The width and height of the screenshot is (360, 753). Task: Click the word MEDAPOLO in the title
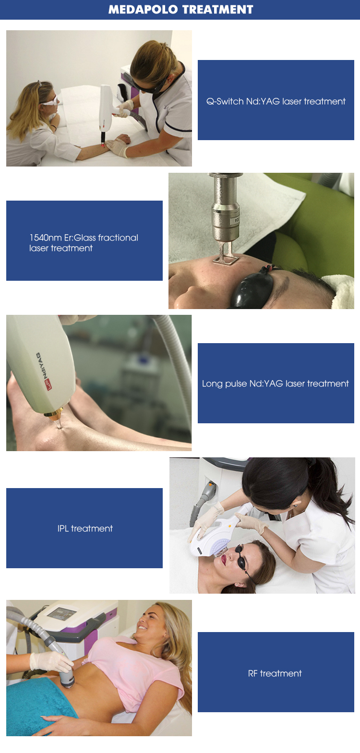(x=143, y=10)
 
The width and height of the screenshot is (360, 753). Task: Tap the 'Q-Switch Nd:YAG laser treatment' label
(x=276, y=101)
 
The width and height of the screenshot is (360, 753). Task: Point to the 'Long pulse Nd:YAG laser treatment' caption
(x=276, y=383)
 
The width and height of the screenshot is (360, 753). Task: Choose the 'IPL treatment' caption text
(x=85, y=528)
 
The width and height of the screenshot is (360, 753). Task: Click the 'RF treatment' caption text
(x=275, y=673)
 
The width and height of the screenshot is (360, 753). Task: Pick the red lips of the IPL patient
(x=224, y=560)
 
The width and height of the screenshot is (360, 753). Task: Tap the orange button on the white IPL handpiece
(x=229, y=526)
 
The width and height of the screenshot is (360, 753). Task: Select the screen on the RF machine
(x=61, y=613)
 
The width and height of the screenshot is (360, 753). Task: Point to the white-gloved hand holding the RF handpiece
(x=50, y=662)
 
